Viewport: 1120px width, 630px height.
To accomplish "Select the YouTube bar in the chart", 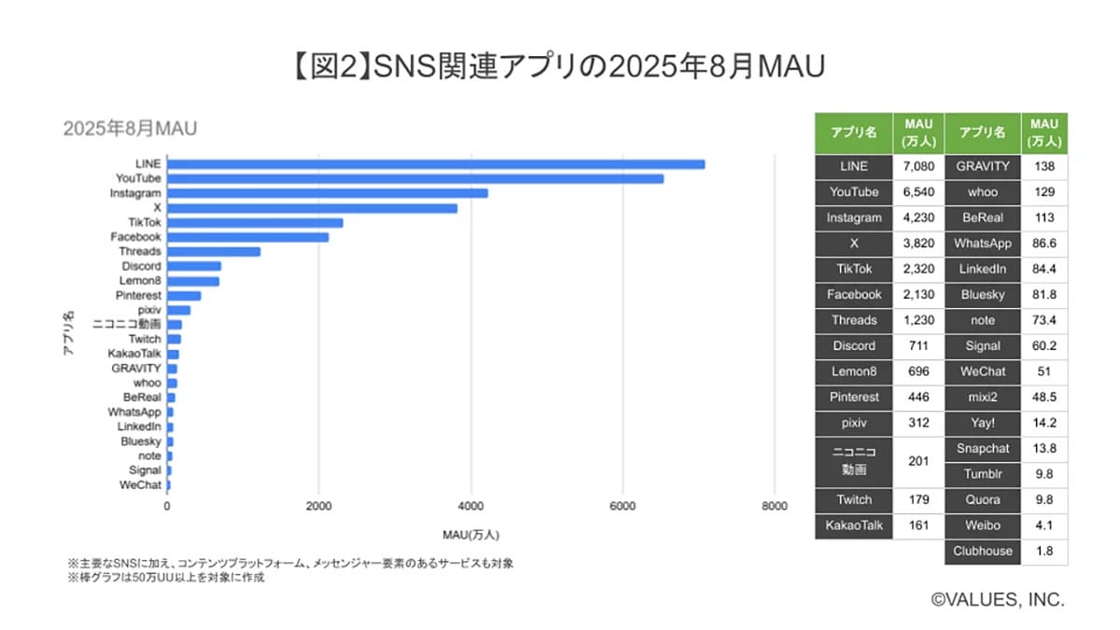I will [x=415, y=178].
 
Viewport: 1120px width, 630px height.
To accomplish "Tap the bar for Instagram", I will [x=328, y=193].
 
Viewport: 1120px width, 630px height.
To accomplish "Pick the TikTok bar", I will [x=255, y=222].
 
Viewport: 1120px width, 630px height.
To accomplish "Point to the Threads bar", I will [x=214, y=251].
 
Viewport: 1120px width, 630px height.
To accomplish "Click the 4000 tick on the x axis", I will [x=470, y=506].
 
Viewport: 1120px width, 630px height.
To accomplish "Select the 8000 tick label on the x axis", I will [x=773, y=506].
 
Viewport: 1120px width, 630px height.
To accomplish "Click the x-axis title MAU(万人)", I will [x=470, y=535].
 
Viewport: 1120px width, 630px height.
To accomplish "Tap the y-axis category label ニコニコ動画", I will [x=127, y=325].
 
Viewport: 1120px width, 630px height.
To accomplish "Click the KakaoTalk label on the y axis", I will [x=135, y=354].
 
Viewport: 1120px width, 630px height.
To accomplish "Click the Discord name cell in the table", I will [x=853, y=345].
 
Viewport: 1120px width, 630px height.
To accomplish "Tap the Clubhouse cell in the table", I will [x=983, y=551].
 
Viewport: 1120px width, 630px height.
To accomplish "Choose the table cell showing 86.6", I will [x=1044, y=244].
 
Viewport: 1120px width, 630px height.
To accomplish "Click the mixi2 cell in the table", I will [x=983, y=397].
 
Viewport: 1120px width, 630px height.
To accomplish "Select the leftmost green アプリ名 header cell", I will [x=853, y=133].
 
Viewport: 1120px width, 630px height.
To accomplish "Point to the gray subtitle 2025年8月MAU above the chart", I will [x=130, y=129].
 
